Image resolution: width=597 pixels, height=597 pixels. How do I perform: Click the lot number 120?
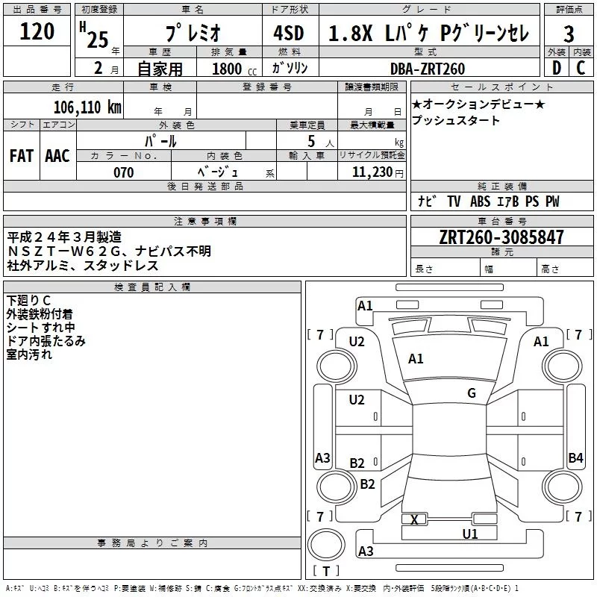(37, 31)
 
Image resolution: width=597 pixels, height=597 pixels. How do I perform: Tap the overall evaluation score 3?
(569, 34)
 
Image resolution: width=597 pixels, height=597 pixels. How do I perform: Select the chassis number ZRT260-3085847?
(501, 237)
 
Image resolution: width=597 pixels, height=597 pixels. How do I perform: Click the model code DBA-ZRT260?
(428, 69)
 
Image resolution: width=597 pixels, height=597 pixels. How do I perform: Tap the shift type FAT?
(22, 156)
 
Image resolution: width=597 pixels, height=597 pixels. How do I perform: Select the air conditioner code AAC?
(57, 156)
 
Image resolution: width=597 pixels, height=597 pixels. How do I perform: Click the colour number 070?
(123, 172)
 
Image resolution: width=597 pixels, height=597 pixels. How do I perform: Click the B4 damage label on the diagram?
(575, 458)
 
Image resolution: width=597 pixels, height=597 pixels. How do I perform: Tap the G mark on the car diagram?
(472, 393)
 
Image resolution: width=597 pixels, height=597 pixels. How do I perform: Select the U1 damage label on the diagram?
(469, 534)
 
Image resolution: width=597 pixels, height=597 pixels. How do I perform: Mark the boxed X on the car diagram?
(415, 519)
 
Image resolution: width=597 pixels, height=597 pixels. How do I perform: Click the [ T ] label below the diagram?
(325, 572)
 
